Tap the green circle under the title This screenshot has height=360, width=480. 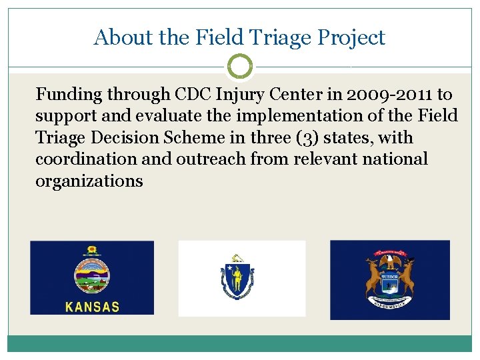(x=240, y=67)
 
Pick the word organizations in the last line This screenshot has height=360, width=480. (x=89, y=181)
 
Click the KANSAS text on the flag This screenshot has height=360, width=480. (x=93, y=307)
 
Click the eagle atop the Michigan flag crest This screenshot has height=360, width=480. (x=390, y=259)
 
